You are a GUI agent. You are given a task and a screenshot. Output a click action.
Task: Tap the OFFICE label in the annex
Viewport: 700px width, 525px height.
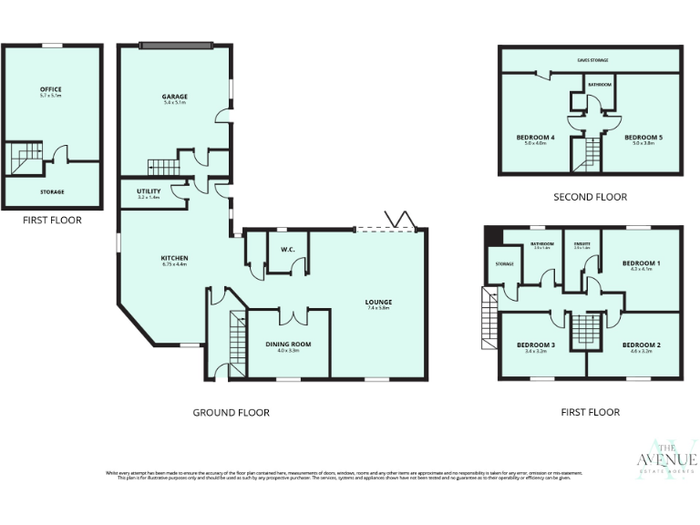point(50,89)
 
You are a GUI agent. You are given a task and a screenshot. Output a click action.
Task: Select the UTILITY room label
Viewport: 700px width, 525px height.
point(148,190)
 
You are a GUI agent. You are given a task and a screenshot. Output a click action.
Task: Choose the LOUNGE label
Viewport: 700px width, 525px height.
point(378,302)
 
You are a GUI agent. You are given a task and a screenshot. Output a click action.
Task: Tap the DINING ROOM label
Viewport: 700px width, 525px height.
point(288,344)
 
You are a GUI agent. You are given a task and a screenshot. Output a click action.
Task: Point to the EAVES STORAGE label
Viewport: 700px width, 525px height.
point(592,60)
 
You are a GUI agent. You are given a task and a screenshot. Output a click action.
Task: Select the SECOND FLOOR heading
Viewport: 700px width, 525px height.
point(590,197)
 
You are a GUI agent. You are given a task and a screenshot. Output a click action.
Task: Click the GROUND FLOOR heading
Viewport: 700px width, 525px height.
point(231,413)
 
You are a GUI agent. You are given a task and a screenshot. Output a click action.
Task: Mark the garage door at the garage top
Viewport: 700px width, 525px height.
point(175,44)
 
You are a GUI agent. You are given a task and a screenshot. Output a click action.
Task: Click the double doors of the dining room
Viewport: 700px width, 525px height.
point(292,316)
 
